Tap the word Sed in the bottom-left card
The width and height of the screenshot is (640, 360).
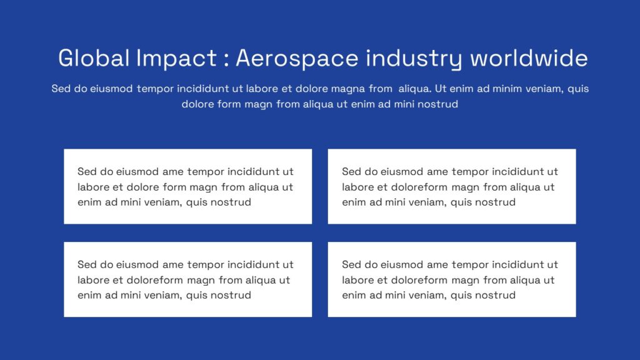coord(87,264)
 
